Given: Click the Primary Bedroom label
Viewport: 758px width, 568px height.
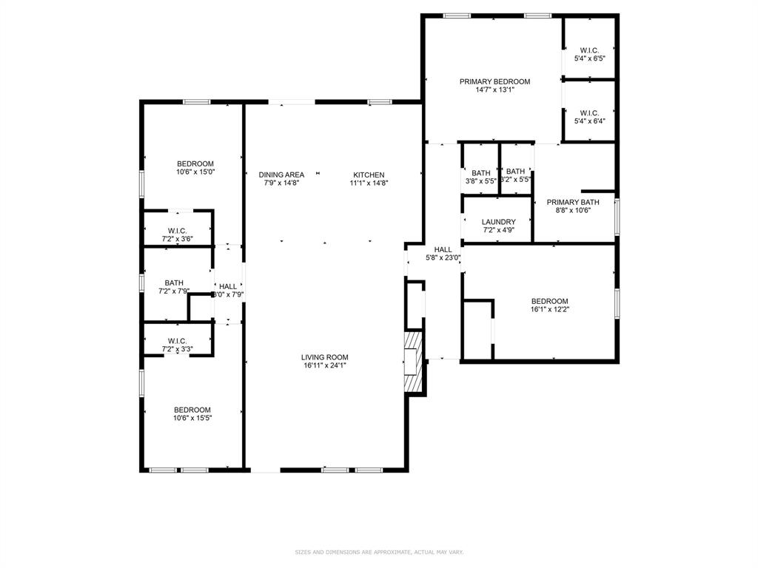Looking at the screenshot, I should (494, 81).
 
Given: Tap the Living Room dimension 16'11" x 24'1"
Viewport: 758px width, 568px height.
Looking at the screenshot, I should (325, 365).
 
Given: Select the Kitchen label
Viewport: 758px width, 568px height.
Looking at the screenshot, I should (367, 175).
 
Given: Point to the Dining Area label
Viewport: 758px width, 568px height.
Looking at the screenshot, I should (281, 175).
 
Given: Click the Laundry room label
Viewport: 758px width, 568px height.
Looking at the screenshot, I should (498, 222).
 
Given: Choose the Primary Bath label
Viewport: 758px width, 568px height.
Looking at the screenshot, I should (573, 202).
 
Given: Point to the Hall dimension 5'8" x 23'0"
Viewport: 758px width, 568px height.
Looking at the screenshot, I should (443, 258).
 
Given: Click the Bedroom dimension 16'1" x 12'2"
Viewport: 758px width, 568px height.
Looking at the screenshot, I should (550, 309).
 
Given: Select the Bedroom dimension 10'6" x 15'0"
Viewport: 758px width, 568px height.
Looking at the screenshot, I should (195, 172).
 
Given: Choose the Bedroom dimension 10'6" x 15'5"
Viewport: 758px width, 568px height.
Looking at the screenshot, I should (192, 418).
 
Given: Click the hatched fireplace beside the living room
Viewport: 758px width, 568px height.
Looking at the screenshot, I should (413, 362).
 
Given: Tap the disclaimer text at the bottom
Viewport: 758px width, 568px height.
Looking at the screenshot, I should (379, 552).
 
